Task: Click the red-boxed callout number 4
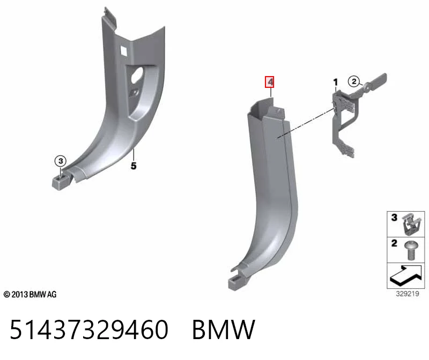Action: [x=270, y=82]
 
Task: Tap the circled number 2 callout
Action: [x=354, y=81]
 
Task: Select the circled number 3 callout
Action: [x=61, y=161]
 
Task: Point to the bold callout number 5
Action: [x=134, y=166]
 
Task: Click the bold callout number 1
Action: [x=336, y=82]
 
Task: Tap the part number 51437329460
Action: [x=89, y=329]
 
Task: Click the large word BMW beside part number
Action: [x=224, y=329]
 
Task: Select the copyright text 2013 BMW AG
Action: [x=30, y=295]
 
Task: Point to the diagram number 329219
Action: [x=408, y=294]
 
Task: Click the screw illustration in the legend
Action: [x=410, y=250]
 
